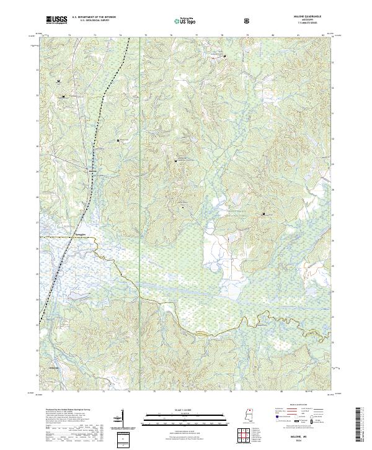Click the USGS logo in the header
pos(56,20)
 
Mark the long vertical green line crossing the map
pos(140,186)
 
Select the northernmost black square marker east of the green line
pos(224,57)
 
